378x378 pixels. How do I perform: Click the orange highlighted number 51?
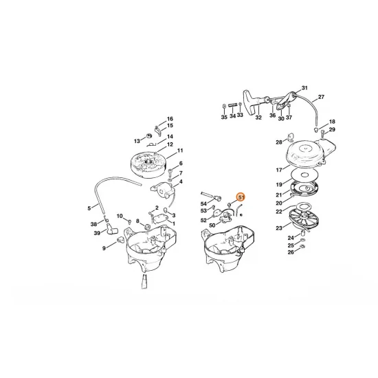coord(241,197)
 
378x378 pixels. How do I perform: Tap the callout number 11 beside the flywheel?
coord(180,151)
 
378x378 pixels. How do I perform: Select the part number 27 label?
coord(321,97)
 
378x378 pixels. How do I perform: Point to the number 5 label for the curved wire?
coord(89,208)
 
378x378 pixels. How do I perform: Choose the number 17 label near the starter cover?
coord(278,170)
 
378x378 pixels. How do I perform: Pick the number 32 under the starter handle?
coord(258,118)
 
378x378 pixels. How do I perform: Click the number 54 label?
coord(204,204)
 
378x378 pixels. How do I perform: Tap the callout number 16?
coord(170,119)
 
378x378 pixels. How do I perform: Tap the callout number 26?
coord(290,252)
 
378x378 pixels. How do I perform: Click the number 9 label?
coord(104,247)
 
